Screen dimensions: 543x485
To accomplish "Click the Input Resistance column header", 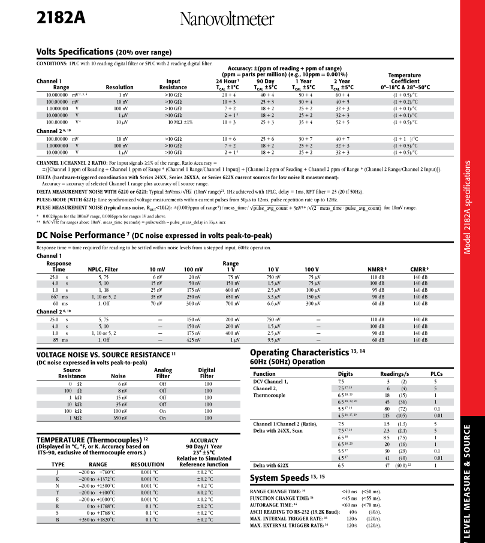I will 173,84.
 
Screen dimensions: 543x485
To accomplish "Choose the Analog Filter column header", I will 163,374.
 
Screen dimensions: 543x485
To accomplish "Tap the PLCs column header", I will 436,374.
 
